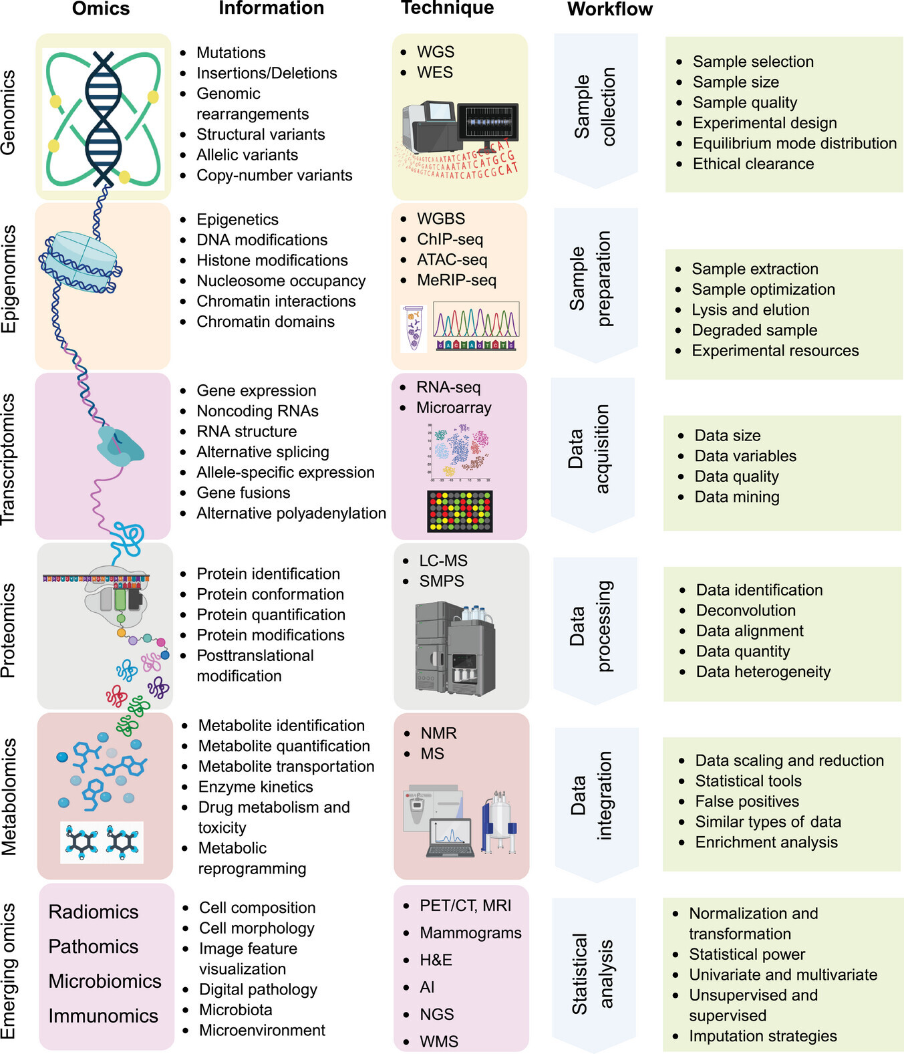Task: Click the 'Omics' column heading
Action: point(101,9)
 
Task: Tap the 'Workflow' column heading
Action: point(609,9)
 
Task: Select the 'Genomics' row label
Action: point(9,113)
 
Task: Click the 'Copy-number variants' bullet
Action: point(274,176)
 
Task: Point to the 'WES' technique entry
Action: point(434,73)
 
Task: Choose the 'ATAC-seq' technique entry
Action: point(452,260)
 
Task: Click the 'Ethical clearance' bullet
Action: point(753,164)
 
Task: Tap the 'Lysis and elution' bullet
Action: point(750,310)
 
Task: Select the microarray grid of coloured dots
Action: point(460,511)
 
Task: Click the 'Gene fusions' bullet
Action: point(243,493)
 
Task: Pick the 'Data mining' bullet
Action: point(737,497)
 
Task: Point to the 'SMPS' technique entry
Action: point(441,581)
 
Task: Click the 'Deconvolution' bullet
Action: point(746,611)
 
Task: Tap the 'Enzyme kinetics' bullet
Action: point(255,787)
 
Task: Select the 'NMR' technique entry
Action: point(438,734)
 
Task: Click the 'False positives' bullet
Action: point(747,802)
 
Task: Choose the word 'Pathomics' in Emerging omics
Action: point(94,947)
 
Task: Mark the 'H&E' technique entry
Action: point(436,960)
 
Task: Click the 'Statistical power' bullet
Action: point(747,955)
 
